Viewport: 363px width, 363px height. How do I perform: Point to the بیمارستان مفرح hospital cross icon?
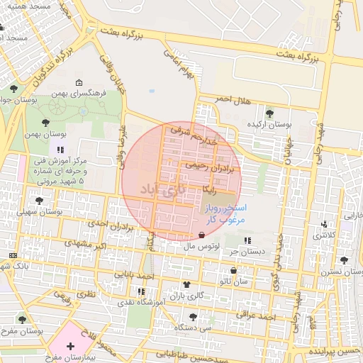click(69, 346)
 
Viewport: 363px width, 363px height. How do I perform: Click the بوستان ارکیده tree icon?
click(269, 113)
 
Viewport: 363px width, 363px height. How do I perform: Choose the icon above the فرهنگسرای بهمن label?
click(78, 82)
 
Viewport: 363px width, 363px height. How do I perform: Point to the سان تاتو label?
click(234, 281)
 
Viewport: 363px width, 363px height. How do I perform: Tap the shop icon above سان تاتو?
click(234, 270)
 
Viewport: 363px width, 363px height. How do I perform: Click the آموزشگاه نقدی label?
click(144, 302)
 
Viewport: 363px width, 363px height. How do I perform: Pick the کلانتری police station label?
click(325, 234)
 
